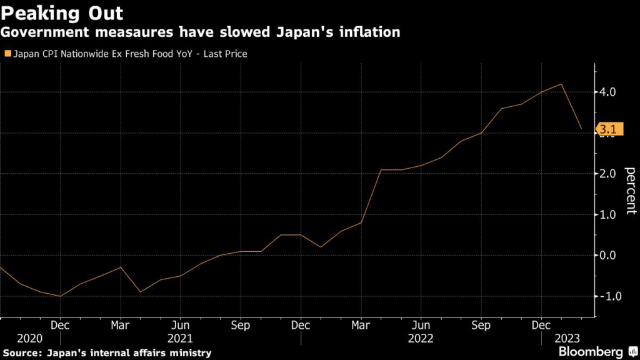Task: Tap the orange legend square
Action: point(7,54)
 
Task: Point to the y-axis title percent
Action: point(630,191)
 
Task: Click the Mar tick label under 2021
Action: point(120,326)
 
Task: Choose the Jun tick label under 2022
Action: point(421,326)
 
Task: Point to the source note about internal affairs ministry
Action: point(106,353)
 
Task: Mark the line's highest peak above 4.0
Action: point(561,84)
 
